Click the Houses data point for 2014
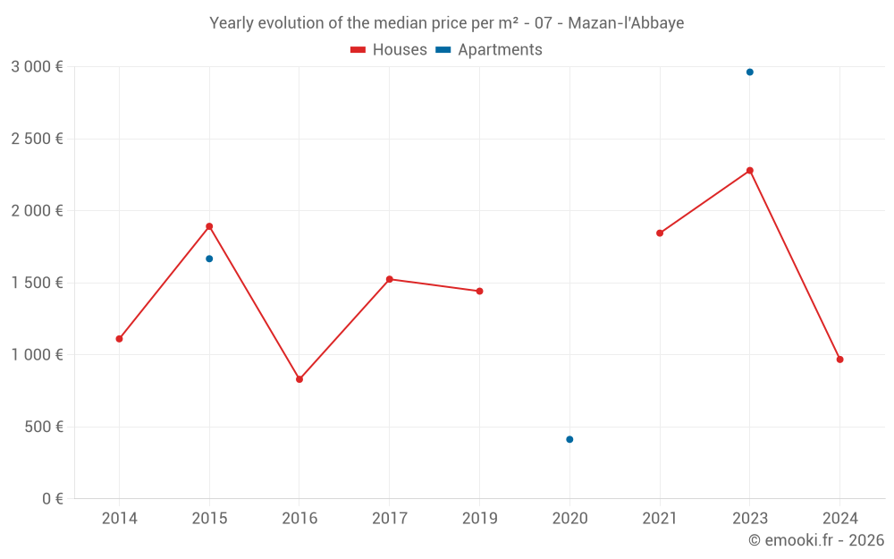point(119,339)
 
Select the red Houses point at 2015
point(209,226)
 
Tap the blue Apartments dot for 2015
point(209,258)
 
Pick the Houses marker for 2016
point(299,379)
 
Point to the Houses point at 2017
point(390,279)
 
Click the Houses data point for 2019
point(479,291)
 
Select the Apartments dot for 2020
point(569,439)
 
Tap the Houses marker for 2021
point(660,233)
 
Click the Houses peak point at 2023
point(750,170)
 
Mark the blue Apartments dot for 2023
point(750,72)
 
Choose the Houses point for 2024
point(839,360)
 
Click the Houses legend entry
point(389,50)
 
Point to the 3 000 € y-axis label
point(37,67)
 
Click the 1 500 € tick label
point(37,283)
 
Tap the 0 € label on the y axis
point(50,499)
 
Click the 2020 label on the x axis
point(569,519)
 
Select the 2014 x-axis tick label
point(119,519)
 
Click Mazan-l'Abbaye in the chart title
point(631,23)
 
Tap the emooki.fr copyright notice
point(815,540)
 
